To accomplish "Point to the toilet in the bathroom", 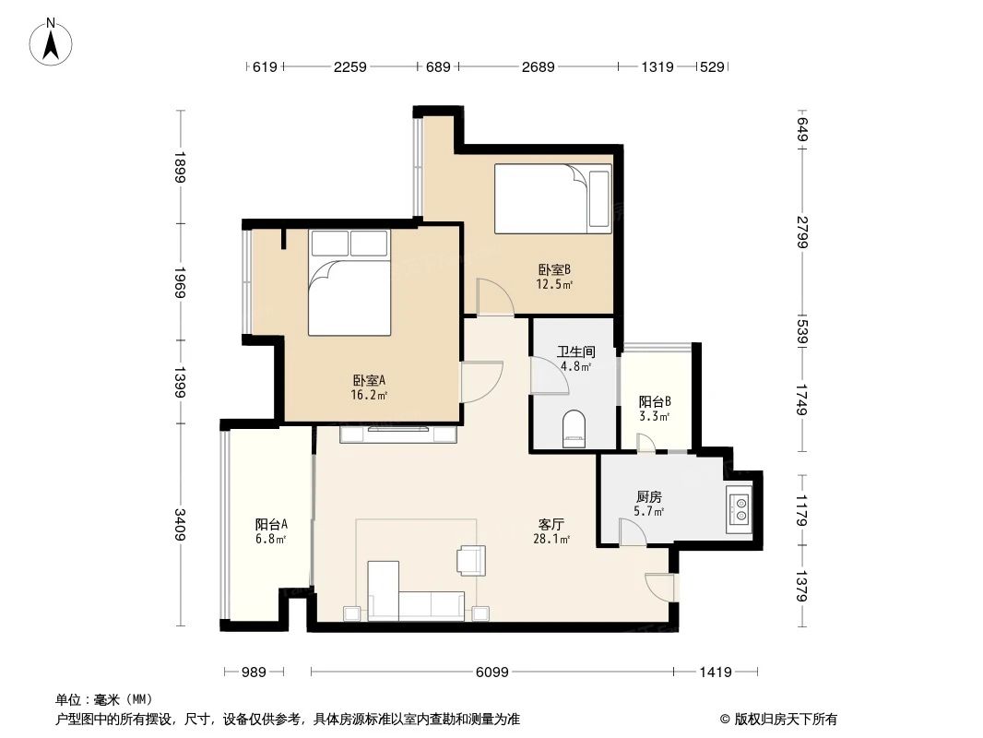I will pyautogui.click(x=574, y=429).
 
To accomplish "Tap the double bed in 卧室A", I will pyautogui.click(x=349, y=283).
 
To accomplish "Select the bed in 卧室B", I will pyautogui.click(x=552, y=199).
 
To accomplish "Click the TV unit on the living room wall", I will pyautogui.click(x=398, y=434).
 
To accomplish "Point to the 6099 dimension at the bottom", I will pyautogui.click(x=492, y=673).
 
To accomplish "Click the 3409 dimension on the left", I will pyautogui.click(x=182, y=525).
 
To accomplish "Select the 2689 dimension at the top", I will pyautogui.click(x=537, y=66).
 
